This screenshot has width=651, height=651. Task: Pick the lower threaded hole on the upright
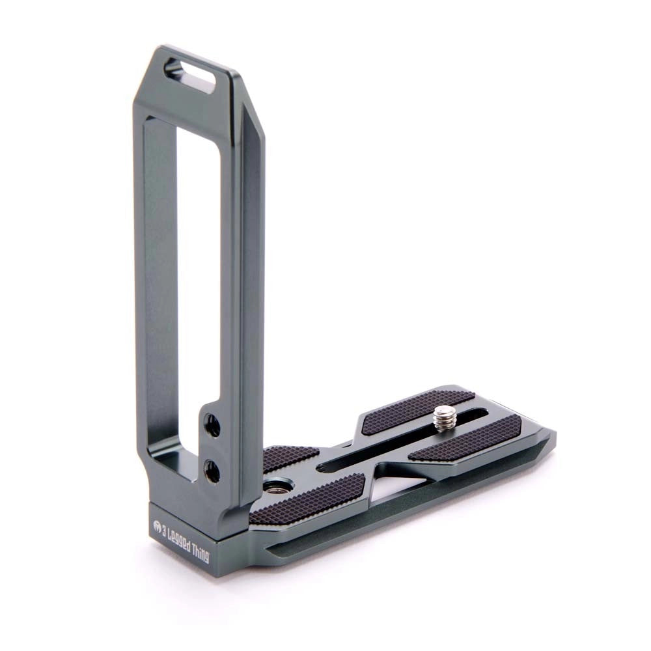212,470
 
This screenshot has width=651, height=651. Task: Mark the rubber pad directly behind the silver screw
417,410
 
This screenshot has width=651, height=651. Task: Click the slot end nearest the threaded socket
325,467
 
